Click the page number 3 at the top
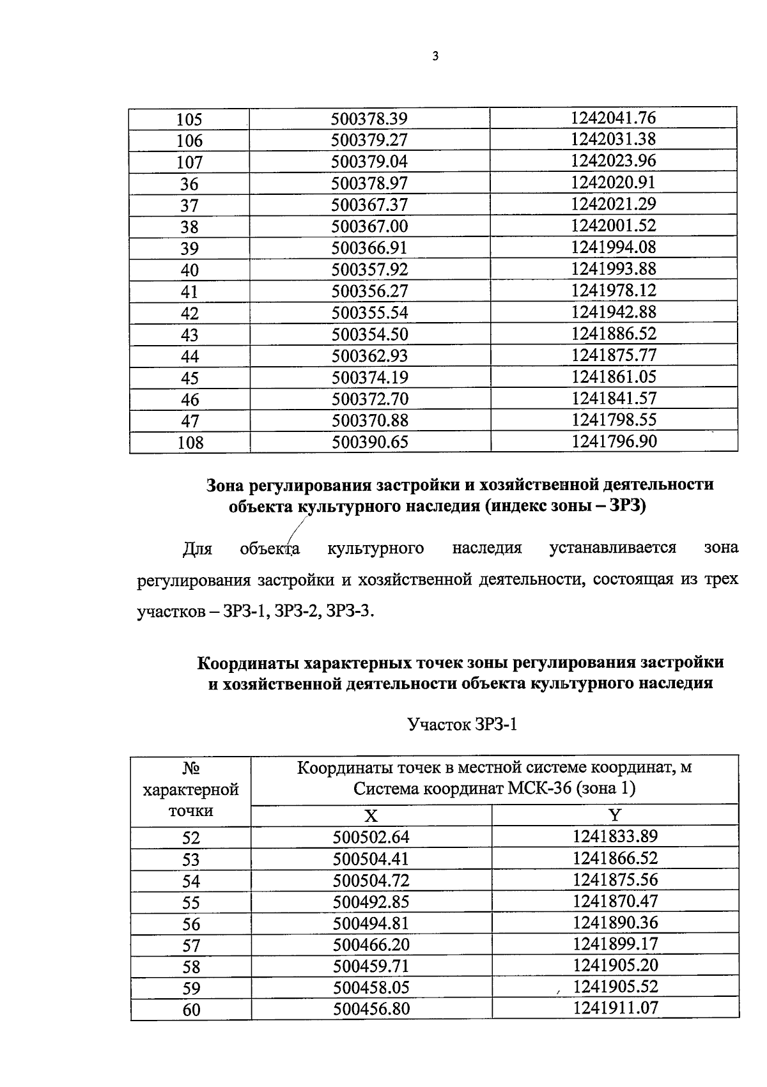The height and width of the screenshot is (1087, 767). (x=435, y=56)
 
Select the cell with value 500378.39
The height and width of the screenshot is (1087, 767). (x=369, y=119)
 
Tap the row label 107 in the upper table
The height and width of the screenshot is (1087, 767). (x=189, y=162)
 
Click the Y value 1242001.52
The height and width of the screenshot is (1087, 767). (x=614, y=226)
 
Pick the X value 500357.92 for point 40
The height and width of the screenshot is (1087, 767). (x=369, y=270)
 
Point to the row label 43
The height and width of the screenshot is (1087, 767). (x=189, y=335)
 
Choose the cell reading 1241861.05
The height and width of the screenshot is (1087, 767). (x=614, y=377)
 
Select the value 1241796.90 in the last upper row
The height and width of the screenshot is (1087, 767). (x=614, y=442)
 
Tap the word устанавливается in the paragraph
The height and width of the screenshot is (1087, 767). (x=612, y=548)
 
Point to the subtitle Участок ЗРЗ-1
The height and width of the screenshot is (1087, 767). (x=461, y=725)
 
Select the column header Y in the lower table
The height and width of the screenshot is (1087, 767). (x=615, y=815)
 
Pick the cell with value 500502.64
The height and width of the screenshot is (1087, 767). (x=371, y=837)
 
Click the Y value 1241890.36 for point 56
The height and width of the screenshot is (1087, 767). (x=615, y=923)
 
